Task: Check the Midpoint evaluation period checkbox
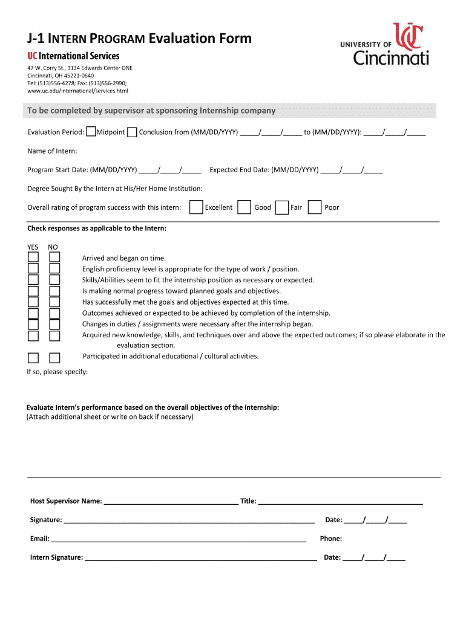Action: (91, 132)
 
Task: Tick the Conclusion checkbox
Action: (132, 132)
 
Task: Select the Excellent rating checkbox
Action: (196, 207)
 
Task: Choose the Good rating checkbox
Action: (244, 207)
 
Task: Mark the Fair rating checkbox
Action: (281, 207)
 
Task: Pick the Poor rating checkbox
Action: (315, 207)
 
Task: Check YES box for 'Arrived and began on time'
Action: (33, 258)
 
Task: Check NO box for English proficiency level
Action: (54, 268)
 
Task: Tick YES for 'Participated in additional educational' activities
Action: (33, 357)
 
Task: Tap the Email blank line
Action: (179, 539)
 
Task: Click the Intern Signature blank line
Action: (200, 557)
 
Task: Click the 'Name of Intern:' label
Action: (52, 151)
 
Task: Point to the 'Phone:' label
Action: (331, 539)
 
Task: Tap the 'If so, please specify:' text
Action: (57, 372)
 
